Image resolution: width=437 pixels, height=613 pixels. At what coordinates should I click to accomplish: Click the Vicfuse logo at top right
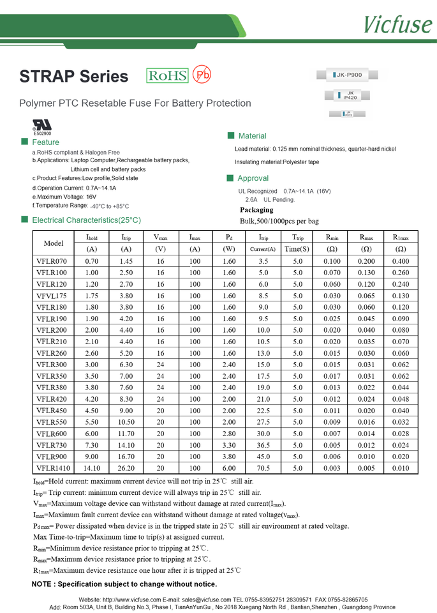(397, 24)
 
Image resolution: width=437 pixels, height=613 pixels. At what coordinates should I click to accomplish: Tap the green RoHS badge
(168, 76)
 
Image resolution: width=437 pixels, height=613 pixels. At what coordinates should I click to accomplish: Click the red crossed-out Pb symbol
(202, 75)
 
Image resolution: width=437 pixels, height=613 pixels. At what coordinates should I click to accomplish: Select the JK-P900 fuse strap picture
(351, 75)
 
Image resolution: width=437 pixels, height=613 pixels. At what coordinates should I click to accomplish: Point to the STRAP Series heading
(74, 77)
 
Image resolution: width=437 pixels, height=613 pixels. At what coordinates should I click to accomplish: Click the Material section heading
(252, 136)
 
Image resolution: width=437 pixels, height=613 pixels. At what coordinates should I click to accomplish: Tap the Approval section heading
(253, 178)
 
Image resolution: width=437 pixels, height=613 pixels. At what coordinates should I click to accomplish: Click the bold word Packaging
(256, 209)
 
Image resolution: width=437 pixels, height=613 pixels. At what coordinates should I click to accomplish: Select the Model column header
(54, 243)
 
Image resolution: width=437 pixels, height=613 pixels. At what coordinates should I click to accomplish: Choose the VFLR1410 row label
(54, 467)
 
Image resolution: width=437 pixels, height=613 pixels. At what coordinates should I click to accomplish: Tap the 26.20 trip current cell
(126, 467)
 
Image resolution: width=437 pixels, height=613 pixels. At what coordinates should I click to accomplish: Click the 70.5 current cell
(263, 467)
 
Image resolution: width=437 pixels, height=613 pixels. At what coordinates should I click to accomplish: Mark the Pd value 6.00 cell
(229, 467)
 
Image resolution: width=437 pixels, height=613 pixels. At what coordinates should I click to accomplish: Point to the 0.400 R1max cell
(401, 261)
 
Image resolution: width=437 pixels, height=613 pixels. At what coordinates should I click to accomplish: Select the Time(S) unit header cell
(297, 249)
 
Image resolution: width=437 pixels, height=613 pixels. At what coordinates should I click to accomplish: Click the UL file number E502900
(42, 133)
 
